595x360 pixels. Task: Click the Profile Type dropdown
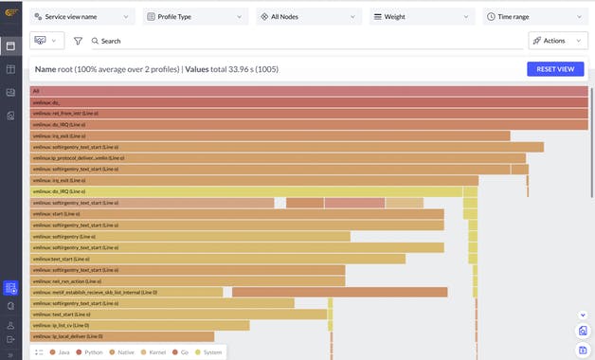click(x=195, y=17)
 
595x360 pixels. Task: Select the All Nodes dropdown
click(x=309, y=17)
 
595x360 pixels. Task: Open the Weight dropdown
click(x=422, y=17)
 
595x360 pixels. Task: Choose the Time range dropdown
click(x=534, y=17)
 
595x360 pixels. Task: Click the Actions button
click(x=557, y=41)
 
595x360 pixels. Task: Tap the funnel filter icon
click(x=78, y=42)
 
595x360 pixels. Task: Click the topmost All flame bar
click(x=309, y=91)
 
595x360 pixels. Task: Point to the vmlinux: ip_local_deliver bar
click(x=122, y=336)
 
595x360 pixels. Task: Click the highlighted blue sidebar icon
click(x=10, y=288)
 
